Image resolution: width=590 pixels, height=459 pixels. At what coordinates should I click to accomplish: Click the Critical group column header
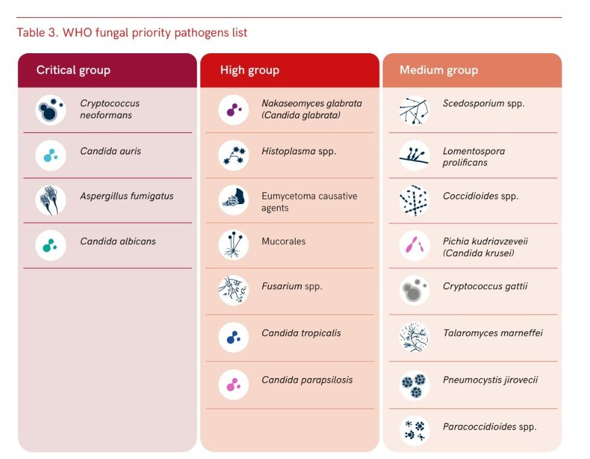coord(73,70)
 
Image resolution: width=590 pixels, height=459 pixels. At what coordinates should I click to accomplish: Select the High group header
coord(249,70)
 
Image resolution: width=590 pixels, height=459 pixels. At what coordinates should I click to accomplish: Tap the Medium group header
coord(439,70)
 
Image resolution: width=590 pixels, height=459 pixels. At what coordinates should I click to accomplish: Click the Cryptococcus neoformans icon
coord(51,110)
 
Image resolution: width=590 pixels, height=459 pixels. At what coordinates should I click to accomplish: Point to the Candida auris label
coord(111,151)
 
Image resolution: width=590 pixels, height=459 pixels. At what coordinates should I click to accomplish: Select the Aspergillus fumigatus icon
coord(51,200)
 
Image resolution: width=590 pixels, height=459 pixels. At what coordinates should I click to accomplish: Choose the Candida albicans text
coord(118,241)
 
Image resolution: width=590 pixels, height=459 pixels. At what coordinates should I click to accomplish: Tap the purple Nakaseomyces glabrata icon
coord(234,110)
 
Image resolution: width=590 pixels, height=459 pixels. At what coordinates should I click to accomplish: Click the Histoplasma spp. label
coord(299,151)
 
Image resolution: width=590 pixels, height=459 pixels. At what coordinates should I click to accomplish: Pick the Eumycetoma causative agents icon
coord(234,200)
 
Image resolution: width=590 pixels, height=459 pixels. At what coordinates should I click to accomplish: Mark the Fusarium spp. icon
coord(234,290)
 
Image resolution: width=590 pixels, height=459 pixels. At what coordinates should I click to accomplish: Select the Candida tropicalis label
coord(301,333)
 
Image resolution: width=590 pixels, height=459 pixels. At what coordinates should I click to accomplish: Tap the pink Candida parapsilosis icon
coord(234,384)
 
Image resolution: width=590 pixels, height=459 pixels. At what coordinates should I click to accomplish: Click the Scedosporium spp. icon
coord(414,110)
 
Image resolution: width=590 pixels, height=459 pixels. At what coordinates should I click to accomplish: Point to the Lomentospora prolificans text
coord(474,157)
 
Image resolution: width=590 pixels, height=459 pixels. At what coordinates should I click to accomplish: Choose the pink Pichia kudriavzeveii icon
coord(414,245)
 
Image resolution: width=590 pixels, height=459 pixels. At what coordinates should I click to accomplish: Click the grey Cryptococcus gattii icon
coord(414,290)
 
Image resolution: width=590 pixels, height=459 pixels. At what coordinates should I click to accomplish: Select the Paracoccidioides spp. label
coord(489,426)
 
